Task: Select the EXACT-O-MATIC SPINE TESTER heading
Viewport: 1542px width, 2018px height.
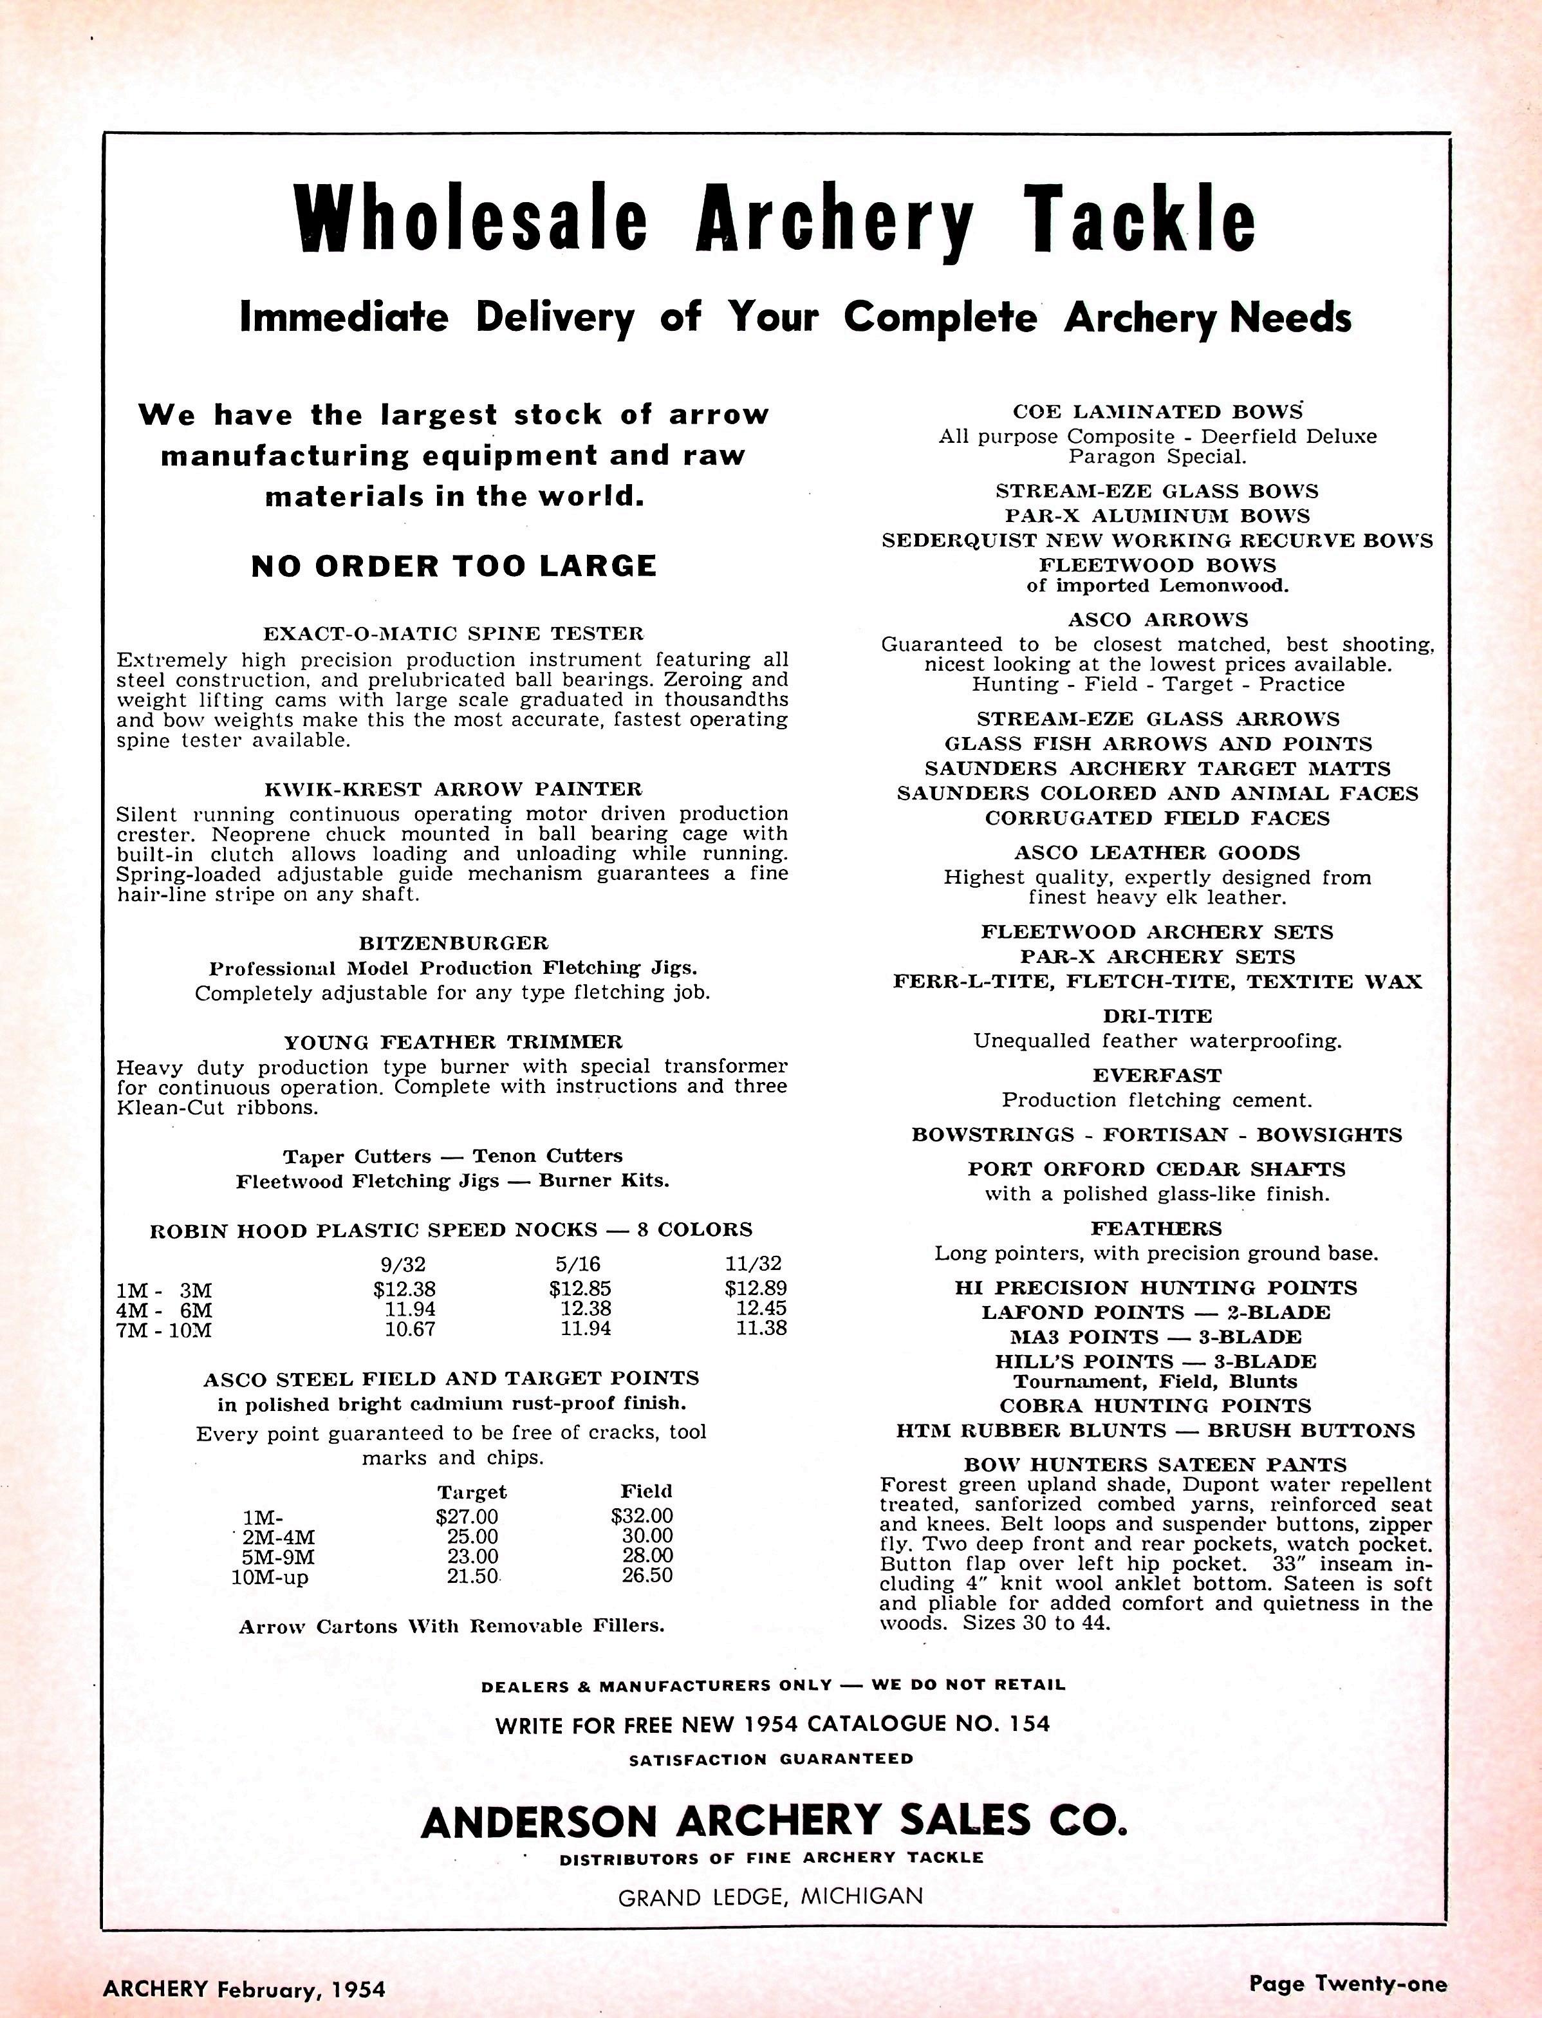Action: (x=454, y=633)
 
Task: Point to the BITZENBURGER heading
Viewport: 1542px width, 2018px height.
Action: (x=454, y=943)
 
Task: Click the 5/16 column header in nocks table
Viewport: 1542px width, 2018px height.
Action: (x=579, y=1264)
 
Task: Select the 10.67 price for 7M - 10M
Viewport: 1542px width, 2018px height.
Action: (x=409, y=1329)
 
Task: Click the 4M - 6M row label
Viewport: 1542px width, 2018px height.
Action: (x=163, y=1309)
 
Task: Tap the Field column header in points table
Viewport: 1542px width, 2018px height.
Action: (x=646, y=1492)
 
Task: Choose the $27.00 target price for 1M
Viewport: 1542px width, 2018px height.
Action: (x=467, y=1517)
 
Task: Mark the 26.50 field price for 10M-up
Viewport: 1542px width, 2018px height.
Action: (x=646, y=1576)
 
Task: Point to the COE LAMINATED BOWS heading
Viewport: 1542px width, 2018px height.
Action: (x=1157, y=412)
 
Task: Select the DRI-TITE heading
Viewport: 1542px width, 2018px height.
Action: (x=1157, y=1016)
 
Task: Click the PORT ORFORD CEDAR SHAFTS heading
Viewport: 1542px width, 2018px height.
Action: (x=1156, y=1169)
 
